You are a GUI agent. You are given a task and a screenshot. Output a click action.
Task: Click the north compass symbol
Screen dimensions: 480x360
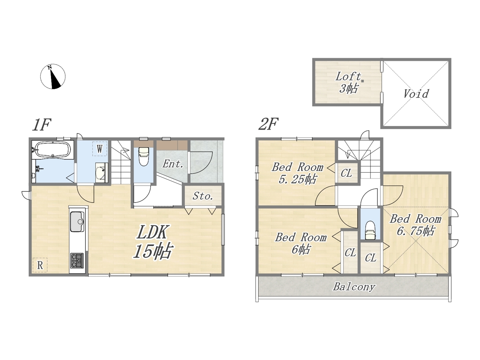coord(53,76)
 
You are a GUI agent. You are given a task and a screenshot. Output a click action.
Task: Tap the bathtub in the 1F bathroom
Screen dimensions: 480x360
coord(53,149)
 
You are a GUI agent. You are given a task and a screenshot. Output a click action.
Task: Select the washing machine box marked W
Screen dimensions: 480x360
coord(100,148)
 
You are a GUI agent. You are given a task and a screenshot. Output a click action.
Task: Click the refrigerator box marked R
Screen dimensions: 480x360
coord(40,265)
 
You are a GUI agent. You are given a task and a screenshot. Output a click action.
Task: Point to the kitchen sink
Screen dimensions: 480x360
coord(77,222)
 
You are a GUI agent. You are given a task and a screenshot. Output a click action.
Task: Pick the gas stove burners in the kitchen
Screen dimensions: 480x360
coord(77,261)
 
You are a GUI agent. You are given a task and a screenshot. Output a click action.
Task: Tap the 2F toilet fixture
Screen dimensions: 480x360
coord(370,230)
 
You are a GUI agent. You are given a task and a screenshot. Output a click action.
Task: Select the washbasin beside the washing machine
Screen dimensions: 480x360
coord(102,172)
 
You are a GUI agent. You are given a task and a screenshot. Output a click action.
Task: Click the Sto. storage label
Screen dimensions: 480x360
coord(203,196)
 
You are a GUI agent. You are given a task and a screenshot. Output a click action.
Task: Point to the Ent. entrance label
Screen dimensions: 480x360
coord(173,164)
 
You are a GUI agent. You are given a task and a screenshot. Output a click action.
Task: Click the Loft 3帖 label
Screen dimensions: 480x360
coord(348,82)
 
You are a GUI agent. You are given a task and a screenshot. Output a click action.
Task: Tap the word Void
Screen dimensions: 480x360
coord(416,94)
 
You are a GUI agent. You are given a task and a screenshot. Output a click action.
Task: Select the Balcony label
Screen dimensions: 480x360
coord(354,287)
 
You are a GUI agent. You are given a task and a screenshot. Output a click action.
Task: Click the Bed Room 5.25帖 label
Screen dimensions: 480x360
coord(297,174)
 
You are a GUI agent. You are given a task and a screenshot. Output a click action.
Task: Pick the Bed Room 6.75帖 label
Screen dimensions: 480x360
coord(415,225)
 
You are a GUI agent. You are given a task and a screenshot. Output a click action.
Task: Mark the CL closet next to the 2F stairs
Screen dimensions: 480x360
coord(346,173)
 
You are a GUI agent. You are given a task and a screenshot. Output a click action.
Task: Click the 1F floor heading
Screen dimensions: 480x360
coord(42,124)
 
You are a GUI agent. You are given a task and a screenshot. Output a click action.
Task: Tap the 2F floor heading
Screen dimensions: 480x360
coord(268,124)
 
